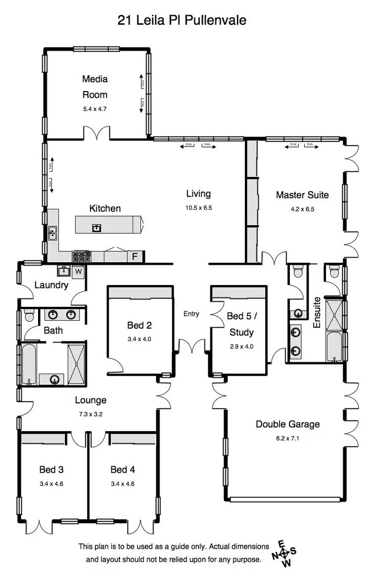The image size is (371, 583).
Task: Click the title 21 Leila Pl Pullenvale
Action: (182, 20)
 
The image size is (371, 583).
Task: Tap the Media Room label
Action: (94, 87)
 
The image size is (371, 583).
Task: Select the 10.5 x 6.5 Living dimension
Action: (198, 208)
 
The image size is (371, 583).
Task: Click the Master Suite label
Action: (302, 195)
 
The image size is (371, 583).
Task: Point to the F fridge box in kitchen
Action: (134, 256)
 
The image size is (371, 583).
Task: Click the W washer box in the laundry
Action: (78, 272)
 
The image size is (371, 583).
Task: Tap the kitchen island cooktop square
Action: (96, 228)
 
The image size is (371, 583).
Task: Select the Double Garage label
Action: (287, 424)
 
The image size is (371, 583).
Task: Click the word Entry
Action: (191, 314)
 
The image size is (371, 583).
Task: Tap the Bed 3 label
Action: (51, 470)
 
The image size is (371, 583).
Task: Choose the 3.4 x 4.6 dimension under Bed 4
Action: (123, 484)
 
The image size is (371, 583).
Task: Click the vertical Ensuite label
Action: (317, 312)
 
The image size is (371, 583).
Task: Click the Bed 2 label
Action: (139, 325)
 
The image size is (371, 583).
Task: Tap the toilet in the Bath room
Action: (28, 315)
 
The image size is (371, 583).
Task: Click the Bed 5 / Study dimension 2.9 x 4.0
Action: (241, 346)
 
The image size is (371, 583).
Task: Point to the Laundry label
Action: (51, 285)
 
